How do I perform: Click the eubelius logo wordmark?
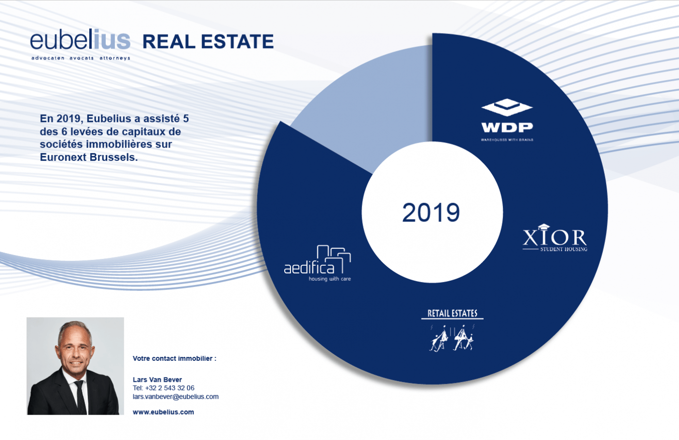click(x=80, y=40)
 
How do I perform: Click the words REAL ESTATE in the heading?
click(x=208, y=42)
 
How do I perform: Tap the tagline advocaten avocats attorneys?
click(x=81, y=58)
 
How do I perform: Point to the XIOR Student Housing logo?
click(x=555, y=238)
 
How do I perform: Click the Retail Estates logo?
click(x=452, y=330)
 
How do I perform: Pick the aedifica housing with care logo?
click(x=317, y=264)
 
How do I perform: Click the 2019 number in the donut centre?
click(x=431, y=213)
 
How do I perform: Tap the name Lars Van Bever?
click(x=157, y=380)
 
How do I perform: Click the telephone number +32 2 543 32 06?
click(x=163, y=388)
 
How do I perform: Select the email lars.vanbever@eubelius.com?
click(x=176, y=397)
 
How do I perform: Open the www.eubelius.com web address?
click(x=163, y=412)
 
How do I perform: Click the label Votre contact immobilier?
click(x=174, y=358)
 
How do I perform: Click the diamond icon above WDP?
click(x=507, y=107)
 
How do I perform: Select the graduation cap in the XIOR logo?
click(x=544, y=227)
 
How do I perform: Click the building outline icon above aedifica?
click(x=335, y=256)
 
